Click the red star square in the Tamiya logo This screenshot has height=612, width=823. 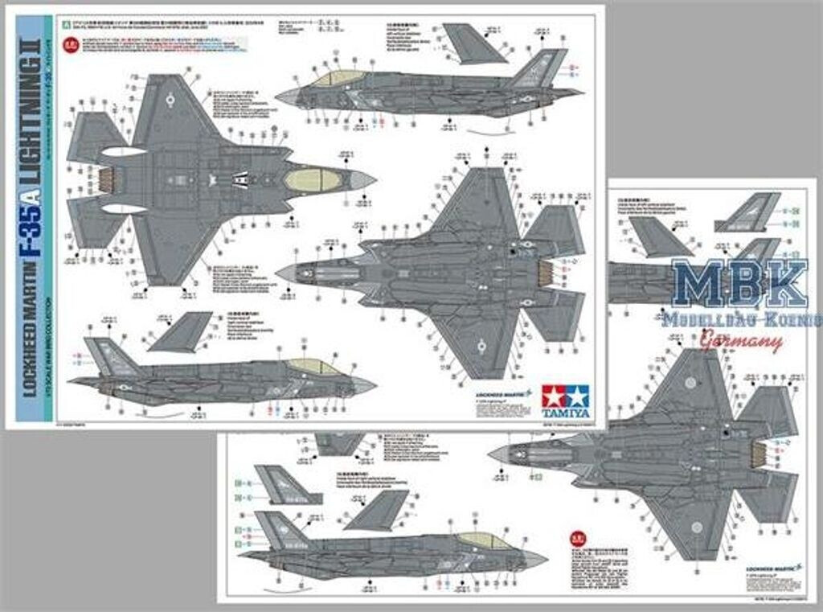[x=554, y=396]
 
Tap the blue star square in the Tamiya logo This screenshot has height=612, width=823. [x=576, y=396]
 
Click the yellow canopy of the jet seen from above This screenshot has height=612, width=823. [x=313, y=180]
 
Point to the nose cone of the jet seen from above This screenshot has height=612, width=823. [x=363, y=180]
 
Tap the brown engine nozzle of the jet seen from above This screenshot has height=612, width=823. [x=105, y=179]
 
